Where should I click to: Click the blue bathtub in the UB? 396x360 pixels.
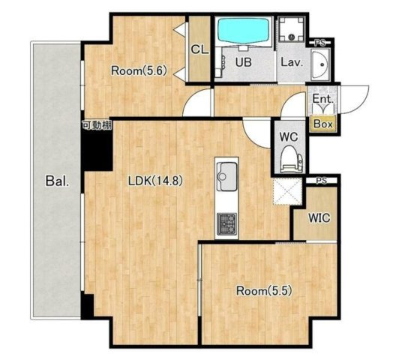[243, 31]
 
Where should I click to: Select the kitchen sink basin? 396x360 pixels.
[226, 176]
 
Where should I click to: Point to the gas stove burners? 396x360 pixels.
[226, 223]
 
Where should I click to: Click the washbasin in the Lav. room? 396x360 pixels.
[320, 64]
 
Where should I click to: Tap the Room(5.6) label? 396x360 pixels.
[139, 71]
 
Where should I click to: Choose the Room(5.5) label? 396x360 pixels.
[264, 291]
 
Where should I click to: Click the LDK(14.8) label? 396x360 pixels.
[155, 181]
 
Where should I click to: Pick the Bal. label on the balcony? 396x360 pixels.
[57, 181]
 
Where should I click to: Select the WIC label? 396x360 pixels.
[319, 217]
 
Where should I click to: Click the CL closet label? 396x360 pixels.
[199, 49]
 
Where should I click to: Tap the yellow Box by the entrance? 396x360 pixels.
[323, 124]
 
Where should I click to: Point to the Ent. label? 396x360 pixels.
[323, 98]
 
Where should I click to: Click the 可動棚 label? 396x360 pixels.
[97, 125]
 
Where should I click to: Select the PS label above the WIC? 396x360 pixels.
[321, 181]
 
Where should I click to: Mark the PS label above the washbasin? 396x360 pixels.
[319, 43]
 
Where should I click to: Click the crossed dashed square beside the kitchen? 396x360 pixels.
[288, 191]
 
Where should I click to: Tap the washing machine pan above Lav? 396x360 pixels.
[292, 29]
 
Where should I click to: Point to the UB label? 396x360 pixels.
[243, 62]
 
